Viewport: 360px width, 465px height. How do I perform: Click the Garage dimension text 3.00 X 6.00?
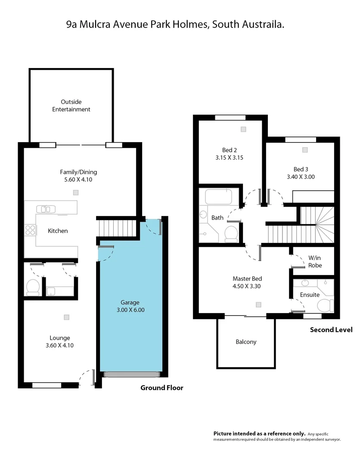[x=130, y=310]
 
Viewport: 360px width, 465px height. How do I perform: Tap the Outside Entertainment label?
[x=71, y=105]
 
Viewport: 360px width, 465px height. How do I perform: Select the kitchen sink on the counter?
[x=46, y=209]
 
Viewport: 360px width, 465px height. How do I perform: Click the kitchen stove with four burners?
[x=30, y=230]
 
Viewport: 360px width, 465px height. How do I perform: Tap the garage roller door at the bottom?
[x=131, y=375]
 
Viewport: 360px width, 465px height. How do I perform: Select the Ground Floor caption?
[x=162, y=388]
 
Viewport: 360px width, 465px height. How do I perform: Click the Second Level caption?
[x=331, y=330]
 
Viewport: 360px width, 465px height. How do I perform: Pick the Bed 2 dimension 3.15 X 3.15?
[x=230, y=158]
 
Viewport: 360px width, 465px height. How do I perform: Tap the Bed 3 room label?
[x=301, y=169]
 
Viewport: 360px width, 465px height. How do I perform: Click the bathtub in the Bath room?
[x=218, y=197]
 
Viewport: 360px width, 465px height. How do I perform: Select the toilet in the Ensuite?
[x=325, y=304]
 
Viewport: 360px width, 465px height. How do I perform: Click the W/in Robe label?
[x=315, y=262]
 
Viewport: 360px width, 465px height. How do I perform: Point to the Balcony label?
[x=246, y=342]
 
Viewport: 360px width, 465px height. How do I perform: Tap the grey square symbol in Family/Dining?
[x=76, y=192]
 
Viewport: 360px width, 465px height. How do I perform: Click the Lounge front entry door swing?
[x=87, y=378]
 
